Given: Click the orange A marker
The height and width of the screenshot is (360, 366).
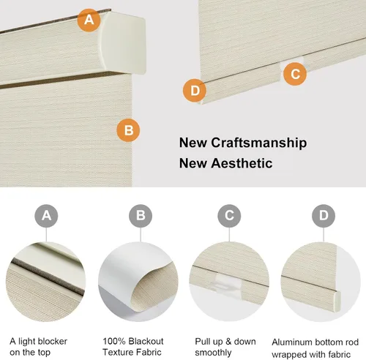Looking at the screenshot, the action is [89, 20].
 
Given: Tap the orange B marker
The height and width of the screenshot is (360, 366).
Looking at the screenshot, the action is [128, 130].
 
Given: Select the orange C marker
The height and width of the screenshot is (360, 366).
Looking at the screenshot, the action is [295, 74].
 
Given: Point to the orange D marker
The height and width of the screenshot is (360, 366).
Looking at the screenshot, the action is [195, 91].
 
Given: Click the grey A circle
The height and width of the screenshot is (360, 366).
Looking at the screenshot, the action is [46, 216].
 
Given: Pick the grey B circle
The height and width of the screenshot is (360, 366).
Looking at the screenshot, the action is [141, 216].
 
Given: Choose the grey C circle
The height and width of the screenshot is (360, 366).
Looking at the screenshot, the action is [229, 216].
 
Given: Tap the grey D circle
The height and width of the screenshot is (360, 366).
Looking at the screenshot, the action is [324, 216].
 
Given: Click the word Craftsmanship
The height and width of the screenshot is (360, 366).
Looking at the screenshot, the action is [259, 143].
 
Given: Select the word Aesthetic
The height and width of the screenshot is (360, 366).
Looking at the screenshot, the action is [242, 163].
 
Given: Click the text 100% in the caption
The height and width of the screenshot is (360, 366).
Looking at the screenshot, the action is [114, 341].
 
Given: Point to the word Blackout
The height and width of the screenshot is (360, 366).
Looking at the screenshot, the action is [146, 341].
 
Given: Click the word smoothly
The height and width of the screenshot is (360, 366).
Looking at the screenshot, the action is [213, 353].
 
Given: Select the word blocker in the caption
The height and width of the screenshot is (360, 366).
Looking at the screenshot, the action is [53, 341].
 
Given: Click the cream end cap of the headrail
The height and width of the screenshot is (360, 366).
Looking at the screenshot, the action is [123, 42].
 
